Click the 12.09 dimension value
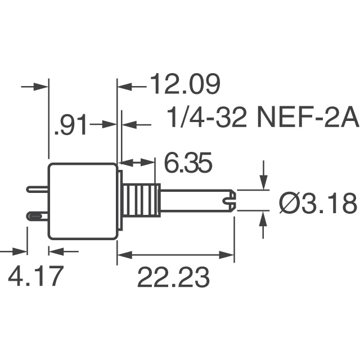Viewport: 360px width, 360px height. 184,86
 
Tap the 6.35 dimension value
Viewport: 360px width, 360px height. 188,164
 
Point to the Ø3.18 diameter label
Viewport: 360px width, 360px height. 318,203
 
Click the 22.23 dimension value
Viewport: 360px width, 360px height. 174,278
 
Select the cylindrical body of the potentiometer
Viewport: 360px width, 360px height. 83,200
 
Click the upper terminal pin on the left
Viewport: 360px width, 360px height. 37,190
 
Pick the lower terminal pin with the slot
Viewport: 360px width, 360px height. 37,216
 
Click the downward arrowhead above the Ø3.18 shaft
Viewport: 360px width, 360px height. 263,183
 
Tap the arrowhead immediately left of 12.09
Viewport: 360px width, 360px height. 123,86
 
